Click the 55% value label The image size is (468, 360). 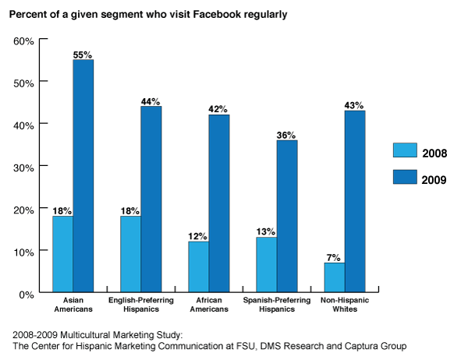(83, 55)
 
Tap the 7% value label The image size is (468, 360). (333, 256)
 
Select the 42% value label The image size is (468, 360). (218, 109)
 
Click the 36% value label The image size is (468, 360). (285, 135)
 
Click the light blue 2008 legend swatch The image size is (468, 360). (405, 151)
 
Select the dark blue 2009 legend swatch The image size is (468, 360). (405, 178)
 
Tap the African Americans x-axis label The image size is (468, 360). (208, 305)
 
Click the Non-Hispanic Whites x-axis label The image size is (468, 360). (344, 305)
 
